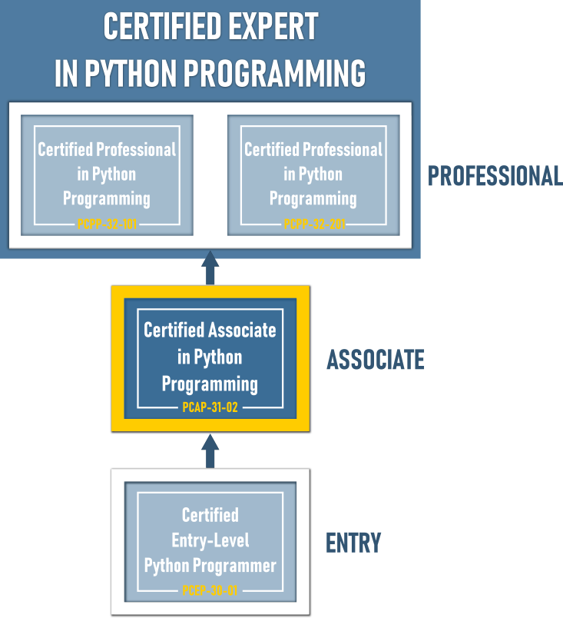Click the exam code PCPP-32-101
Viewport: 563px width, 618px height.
(107, 224)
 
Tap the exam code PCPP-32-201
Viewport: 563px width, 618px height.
(313, 224)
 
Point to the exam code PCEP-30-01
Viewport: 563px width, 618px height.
(210, 591)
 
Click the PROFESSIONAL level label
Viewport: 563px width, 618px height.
(495, 176)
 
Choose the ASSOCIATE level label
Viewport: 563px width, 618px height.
(376, 360)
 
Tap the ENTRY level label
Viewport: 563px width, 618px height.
(353, 543)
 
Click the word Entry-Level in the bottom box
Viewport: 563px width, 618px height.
(210, 540)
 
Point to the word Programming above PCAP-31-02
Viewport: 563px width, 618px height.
(210, 383)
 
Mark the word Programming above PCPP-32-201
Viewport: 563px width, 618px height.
(313, 198)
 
